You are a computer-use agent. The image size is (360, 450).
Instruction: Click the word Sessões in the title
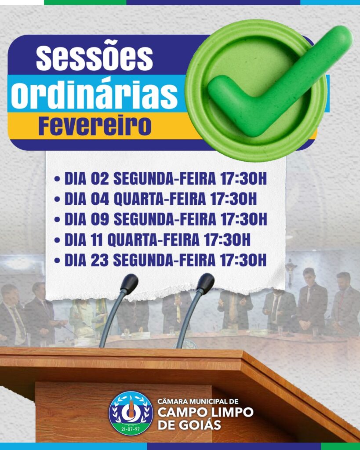click(x=94, y=58)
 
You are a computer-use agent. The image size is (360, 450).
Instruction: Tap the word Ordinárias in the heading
click(x=94, y=93)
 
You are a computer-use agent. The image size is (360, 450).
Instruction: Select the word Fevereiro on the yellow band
click(x=95, y=126)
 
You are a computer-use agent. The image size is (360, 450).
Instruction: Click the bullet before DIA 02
click(x=57, y=180)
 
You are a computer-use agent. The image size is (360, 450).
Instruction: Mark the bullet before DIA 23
click(x=57, y=261)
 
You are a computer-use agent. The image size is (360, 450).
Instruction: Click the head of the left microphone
click(x=129, y=284)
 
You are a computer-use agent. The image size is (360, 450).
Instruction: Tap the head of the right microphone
click(x=205, y=283)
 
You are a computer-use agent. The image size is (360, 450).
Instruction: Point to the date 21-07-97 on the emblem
click(x=131, y=427)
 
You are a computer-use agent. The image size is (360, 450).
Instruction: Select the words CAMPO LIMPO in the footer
click(x=205, y=413)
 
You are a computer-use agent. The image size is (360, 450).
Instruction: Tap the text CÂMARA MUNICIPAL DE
click(x=198, y=401)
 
